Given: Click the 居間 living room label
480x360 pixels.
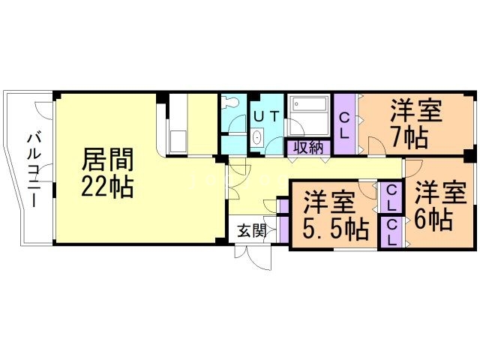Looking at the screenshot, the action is click(x=107, y=160).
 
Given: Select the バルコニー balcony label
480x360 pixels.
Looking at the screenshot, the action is click(x=34, y=170).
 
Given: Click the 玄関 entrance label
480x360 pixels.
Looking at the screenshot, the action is click(x=252, y=230).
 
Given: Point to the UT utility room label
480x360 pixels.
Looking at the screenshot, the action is click(x=267, y=116).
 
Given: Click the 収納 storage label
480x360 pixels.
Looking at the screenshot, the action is click(x=308, y=148).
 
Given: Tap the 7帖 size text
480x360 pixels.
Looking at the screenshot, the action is click(x=409, y=137).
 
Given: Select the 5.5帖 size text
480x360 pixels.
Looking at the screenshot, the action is click(x=335, y=228).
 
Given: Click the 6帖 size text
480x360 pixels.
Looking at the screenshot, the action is click(x=433, y=220).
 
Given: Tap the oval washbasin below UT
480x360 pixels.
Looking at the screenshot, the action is click(x=257, y=137).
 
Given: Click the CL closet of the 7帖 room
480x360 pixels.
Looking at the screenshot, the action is click(x=345, y=124).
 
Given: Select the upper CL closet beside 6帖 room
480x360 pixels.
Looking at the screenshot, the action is click(x=391, y=197).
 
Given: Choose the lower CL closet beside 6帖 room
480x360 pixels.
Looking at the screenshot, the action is click(x=391, y=232).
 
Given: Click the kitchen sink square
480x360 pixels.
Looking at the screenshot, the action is click(x=178, y=141).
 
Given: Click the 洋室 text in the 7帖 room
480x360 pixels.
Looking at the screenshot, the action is click(x=416, y=111).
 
